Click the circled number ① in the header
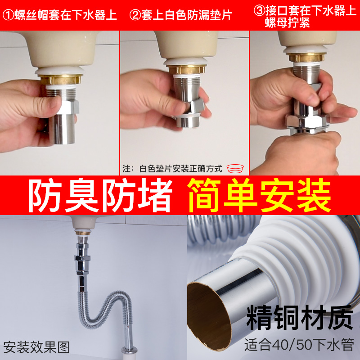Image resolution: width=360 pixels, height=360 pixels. [x=8, y=15]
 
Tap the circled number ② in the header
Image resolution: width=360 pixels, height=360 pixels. [x=135, y=15]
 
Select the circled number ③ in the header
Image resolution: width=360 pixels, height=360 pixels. [x=259, y=10]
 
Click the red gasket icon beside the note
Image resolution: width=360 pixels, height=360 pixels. [x=235, y=168]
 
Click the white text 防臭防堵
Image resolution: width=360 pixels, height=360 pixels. [x=100, y=195]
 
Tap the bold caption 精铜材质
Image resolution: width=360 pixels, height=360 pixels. [x=299, y=318]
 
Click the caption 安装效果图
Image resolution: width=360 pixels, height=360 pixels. [x=36, y=347]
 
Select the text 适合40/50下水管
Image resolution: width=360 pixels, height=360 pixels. [x=299, y=344]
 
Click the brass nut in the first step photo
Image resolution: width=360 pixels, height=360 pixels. [x=62, y=80]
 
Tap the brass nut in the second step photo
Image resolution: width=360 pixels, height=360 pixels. [x=186, y=69]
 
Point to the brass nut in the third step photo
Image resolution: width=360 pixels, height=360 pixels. [x=307, y=57]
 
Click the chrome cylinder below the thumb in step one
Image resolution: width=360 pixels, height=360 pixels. [x=62, y=129]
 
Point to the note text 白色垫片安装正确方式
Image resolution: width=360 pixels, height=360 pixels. [x=181, y=169]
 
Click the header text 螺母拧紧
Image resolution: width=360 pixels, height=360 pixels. [x=287, y=22]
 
